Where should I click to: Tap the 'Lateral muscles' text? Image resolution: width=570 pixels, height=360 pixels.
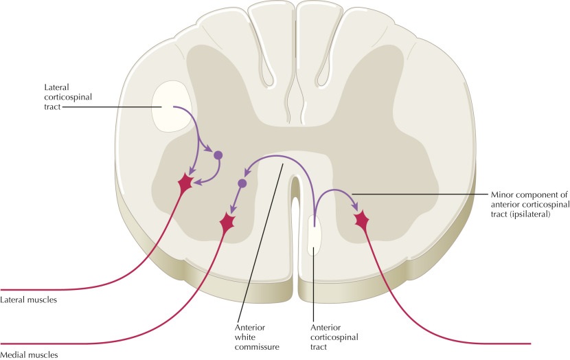point(29,300)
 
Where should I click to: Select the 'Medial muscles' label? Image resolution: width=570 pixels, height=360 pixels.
point(29,355)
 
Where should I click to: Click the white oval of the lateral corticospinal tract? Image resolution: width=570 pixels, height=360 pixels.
point(172,106)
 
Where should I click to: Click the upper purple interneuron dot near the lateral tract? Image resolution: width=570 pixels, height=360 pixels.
point(218,155)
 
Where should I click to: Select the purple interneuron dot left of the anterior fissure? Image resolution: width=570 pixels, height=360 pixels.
point(242,184)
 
